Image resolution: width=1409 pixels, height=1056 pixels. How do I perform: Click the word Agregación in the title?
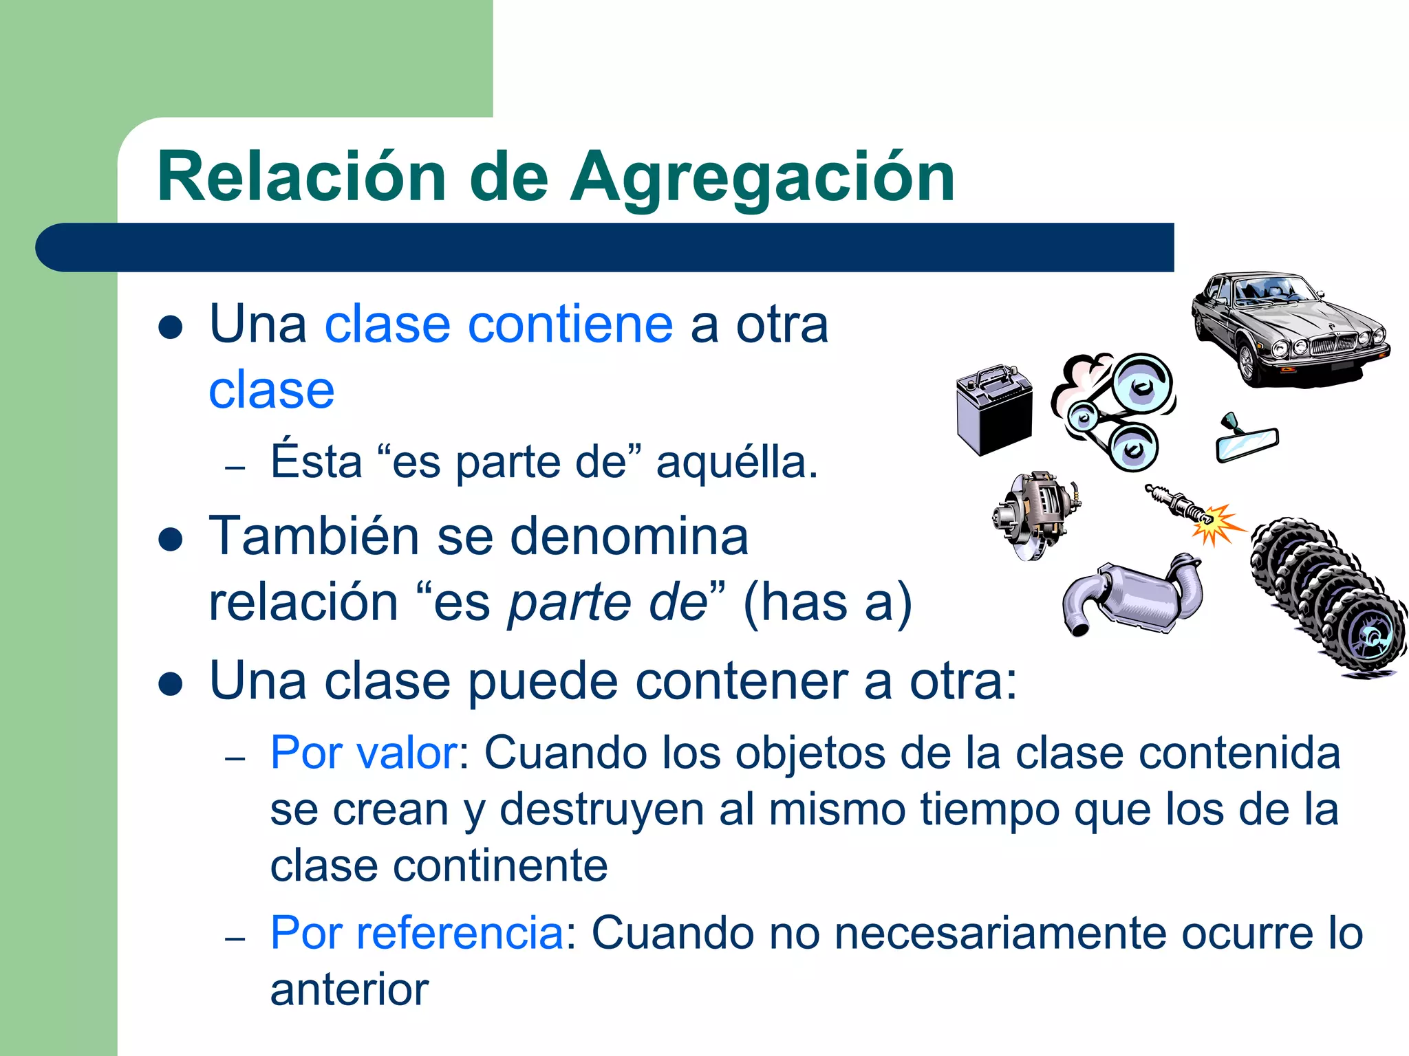click(762, 179)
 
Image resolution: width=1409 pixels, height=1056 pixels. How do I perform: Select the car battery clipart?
click(995, 409)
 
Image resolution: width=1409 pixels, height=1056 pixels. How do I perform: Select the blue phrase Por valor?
click(363, 753)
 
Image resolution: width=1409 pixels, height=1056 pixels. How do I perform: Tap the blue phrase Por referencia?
click(417, 934)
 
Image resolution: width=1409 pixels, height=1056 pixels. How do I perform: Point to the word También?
click(314, 536)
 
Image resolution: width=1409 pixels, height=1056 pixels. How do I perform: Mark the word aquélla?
click(737, 462)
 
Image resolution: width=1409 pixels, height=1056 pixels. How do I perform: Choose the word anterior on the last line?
click(349, 990)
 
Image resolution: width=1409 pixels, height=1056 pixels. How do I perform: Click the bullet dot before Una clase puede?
click(170, 684)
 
